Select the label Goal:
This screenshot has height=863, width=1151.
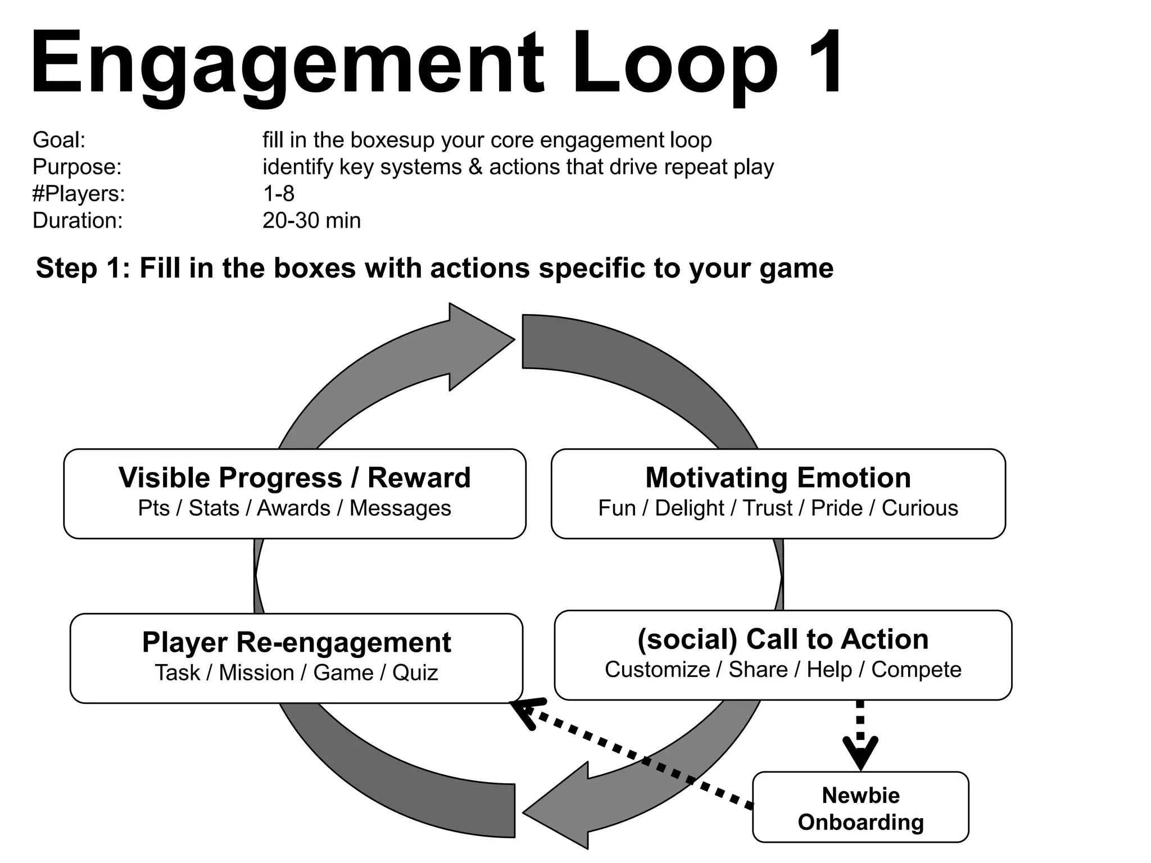click(x=59, y=140)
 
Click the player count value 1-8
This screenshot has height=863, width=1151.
click(x=278, y=193)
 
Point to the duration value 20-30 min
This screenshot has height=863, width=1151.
click(x=311, y=220)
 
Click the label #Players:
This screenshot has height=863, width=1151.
click(x=79, y=193)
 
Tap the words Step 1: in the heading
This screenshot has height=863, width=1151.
click(x=83, y=268)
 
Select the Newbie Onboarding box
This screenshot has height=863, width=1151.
click(x=860, y=808)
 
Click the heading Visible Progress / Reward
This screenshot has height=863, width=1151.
click(x=294, y=478)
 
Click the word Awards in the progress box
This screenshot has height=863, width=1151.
click(x=293, y=508)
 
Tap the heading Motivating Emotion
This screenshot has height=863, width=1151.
click(x=778, y=478)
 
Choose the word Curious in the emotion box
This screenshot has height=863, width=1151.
click(x=919, y=508)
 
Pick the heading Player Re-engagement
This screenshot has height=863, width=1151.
click(x=296, y=642)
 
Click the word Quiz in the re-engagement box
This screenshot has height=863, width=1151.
click(x=415, y=673)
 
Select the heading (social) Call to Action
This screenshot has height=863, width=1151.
click(x=782, y=639)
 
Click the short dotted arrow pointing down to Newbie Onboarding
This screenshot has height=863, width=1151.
click(x=860, y=736)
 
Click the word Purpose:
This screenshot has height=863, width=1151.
click(x=77, y=167)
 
